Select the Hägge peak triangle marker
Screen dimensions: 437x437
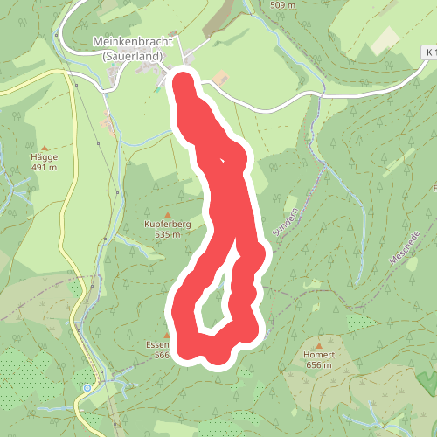45,148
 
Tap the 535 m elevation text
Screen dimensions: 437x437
167,234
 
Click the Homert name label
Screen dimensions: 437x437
318,355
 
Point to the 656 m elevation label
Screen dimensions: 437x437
318,365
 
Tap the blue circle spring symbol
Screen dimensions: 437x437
87,387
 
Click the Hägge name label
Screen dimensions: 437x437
44,159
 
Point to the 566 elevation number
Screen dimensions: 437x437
160,355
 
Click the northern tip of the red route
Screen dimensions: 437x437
183,81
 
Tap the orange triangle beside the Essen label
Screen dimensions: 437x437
167,334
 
